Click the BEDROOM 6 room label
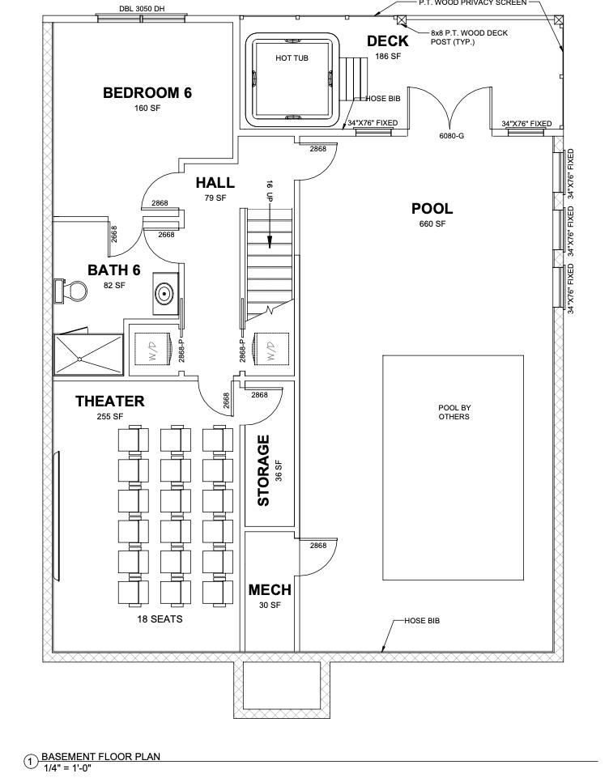click(147, 92)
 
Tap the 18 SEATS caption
click(160, 620)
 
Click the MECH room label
click(269, 590)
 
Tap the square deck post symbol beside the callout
click(402, 19)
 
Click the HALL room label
click(215, 184)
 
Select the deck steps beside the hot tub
click(351, 78)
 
